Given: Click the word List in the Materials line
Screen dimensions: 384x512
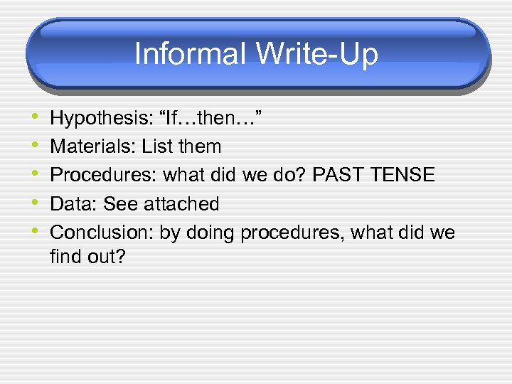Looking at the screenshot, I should [157, 147].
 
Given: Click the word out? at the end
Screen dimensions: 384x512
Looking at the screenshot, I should [106, 256].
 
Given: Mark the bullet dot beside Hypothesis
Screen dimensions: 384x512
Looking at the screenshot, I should [36, 119].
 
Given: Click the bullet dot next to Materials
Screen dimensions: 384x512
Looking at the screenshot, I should [36, 147].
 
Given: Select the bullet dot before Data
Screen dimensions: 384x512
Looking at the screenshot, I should [36, 204].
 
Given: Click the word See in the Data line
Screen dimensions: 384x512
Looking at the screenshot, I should [121, 204].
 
